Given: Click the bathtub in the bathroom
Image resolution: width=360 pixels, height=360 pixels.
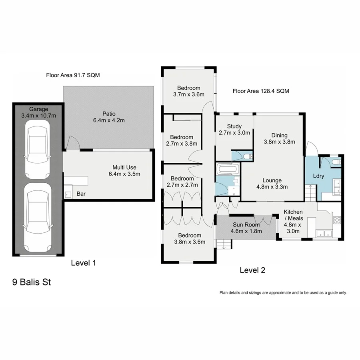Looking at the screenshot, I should tap(227, 169).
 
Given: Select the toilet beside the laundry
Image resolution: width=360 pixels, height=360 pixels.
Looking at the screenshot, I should tap(336, 162).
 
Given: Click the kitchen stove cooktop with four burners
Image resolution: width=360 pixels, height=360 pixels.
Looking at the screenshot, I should tap(337, 220).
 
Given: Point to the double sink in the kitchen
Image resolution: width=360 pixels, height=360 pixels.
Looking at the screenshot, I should tap(322, 233).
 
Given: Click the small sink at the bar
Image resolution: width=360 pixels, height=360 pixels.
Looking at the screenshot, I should tap(68, 194).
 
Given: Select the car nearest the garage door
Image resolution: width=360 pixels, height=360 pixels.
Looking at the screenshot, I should tap(37, 218).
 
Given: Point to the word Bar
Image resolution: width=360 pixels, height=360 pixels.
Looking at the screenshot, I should tap(81, 194).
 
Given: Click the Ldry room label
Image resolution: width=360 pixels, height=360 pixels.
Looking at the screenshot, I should tap(319, 176).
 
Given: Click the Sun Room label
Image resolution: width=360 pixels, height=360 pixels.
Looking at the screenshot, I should tap(247, 224).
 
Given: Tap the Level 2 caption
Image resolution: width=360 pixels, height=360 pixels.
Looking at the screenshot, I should tap(252, 270).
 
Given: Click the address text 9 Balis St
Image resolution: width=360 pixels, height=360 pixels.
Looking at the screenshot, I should tap(32, 283).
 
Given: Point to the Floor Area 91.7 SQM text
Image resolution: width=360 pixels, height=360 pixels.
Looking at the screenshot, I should tap(72, 75).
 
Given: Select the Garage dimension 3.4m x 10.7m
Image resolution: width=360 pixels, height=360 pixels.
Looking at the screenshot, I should tap(38, 115).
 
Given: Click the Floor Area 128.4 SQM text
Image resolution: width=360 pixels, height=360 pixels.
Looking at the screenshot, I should tap(261, 91).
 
